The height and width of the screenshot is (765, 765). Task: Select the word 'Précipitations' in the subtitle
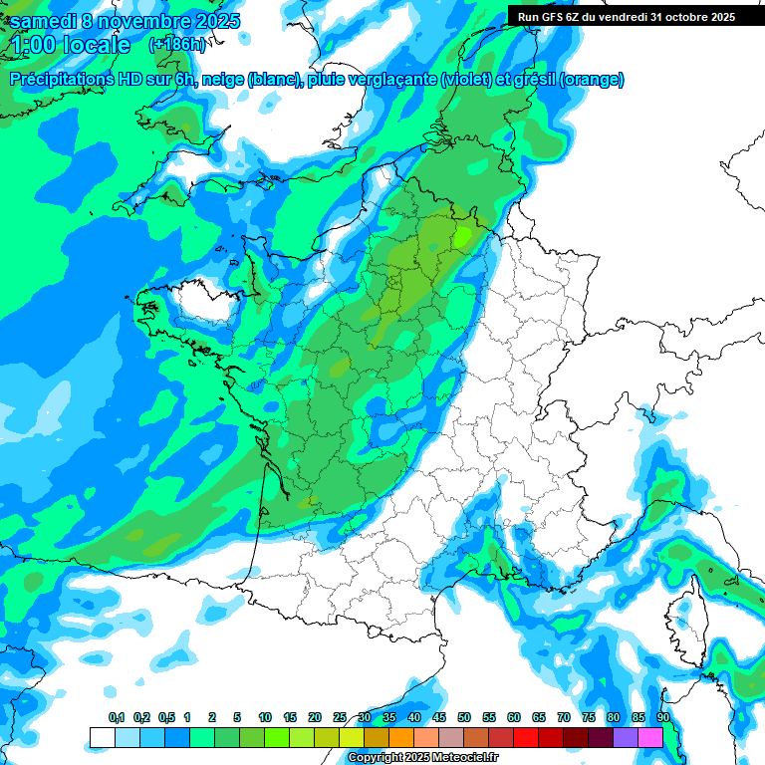pos(59,80)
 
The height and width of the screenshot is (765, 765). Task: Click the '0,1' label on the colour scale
pos(117,717)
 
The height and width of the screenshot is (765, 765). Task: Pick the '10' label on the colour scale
pos(265,717)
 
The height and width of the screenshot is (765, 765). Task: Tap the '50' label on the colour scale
pos(464,717)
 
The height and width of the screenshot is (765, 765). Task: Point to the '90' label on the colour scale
pos(662,717)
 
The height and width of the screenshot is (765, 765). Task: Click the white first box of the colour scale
pos(102,737)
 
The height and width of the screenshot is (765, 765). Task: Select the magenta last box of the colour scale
pos(650,737)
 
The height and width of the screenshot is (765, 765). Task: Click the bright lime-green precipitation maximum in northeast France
pos(461,236)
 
